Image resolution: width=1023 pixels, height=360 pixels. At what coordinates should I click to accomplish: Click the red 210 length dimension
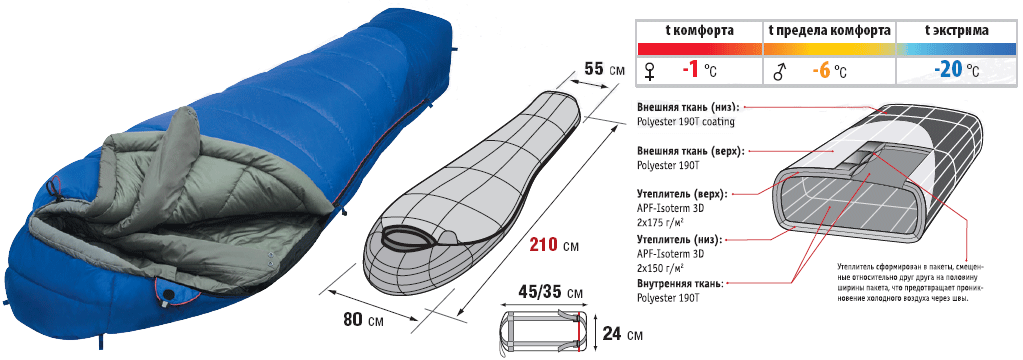(543, 245)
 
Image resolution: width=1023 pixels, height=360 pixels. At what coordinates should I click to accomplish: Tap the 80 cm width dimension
(354, 320)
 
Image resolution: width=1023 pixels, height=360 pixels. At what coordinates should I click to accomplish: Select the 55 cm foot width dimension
(594, 68)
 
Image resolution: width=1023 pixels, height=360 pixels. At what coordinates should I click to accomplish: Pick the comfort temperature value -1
(688, 70)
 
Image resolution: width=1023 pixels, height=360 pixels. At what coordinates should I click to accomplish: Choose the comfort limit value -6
(820, 70)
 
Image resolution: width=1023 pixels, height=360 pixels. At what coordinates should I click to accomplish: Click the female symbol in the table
(649, 72)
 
